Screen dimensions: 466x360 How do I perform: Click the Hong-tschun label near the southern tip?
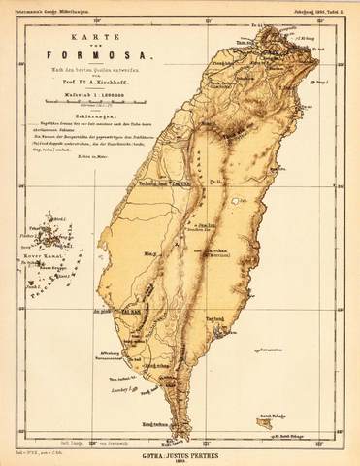point(153,424)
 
